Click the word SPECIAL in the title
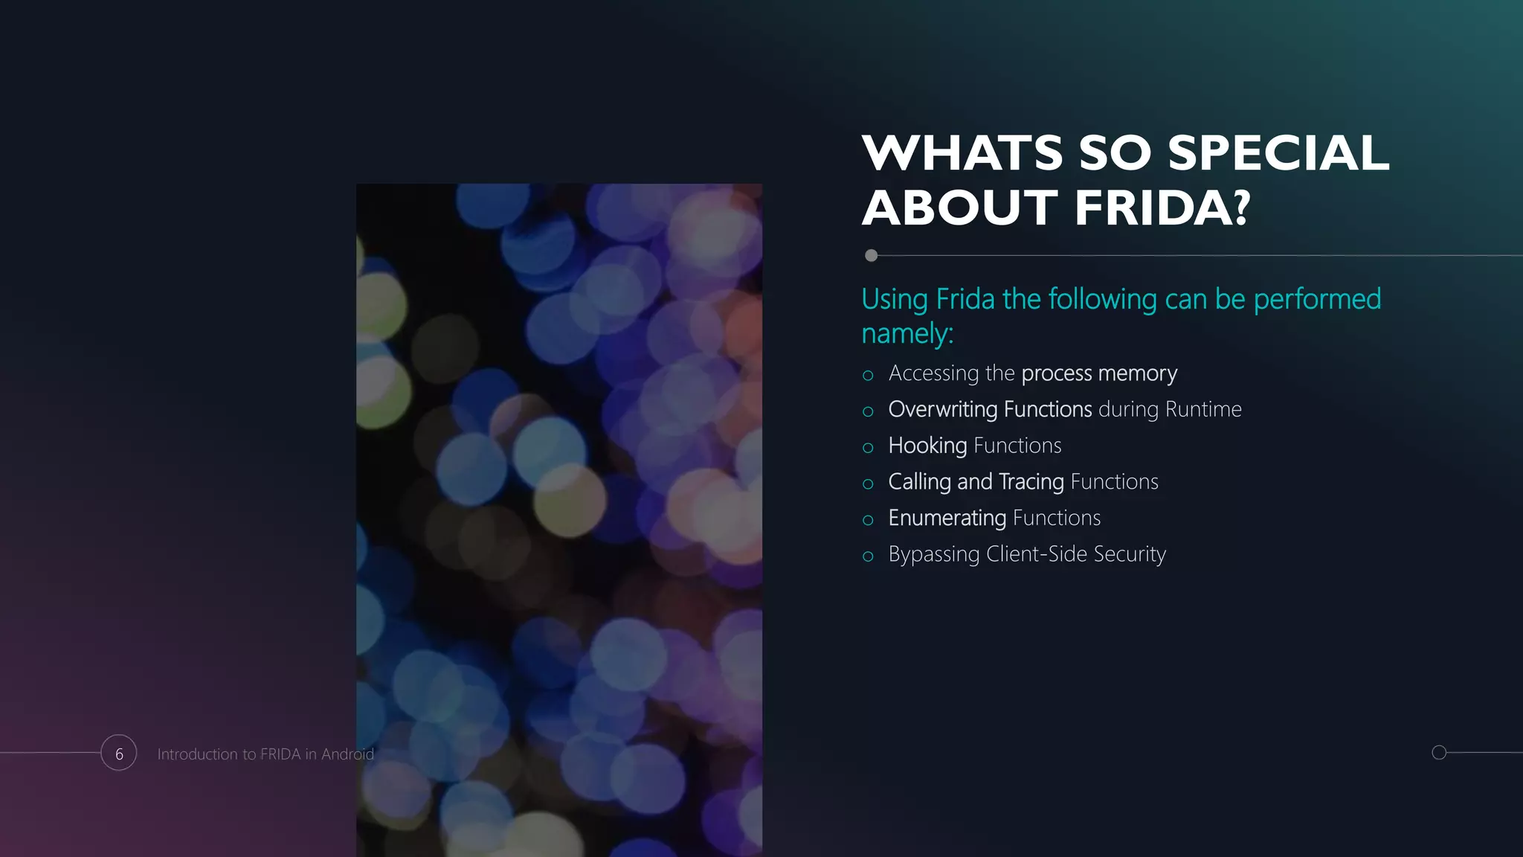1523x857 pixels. tap(1278, 153)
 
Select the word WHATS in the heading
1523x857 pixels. tap(963, 153)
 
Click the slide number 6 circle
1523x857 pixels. tap(119, 753)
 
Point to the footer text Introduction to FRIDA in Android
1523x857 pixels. tap(265, 754)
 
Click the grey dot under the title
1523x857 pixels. tap(871, 256)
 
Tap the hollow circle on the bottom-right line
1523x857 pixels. tap(1439, 752)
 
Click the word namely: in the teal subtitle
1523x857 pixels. tap(907, 333)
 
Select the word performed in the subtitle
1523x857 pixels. tap(1317, 299)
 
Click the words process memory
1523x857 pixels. tap(1099, 373)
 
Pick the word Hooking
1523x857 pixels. tap(927, 446)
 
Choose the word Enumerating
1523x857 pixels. tap(947, 518)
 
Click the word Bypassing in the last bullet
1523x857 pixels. tap(934, 555)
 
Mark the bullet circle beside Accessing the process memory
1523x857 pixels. tap(868, 376)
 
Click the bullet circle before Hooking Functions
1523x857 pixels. tap(868, 448)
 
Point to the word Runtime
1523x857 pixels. tap(1203, 409)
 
